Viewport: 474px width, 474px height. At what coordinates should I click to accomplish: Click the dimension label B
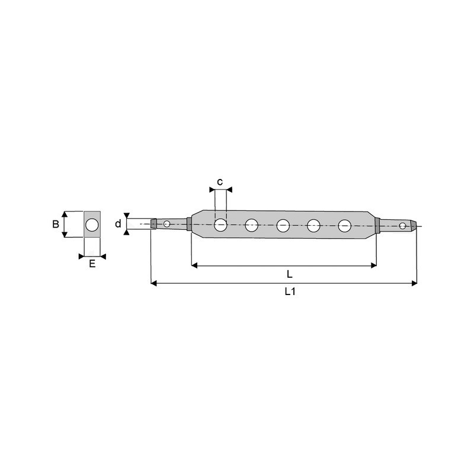click(56, 225)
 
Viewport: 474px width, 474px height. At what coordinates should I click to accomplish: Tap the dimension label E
click(92, 264)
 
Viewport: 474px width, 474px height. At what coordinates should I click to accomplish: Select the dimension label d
click(118, 224)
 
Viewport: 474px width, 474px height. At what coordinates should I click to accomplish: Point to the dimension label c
click(220, 182)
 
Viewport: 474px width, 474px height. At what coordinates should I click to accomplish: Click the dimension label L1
click(290, 292)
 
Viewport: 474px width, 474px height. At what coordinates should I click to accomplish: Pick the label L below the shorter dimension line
click(290, 274)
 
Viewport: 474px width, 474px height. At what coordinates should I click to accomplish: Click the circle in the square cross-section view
click(92, 225)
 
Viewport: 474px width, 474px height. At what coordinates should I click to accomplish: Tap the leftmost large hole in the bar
click(220, 225)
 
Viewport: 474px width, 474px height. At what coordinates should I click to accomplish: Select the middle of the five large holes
click(283, 226)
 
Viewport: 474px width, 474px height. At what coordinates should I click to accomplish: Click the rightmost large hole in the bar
click(345, 226)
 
